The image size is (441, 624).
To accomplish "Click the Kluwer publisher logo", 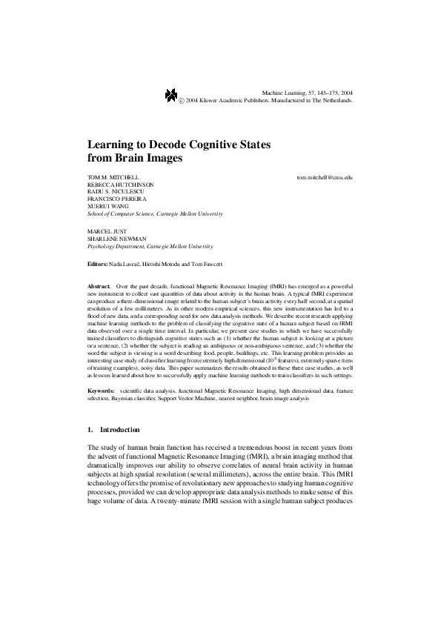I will coord(171,94).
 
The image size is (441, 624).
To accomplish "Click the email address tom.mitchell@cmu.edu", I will coord(325,179).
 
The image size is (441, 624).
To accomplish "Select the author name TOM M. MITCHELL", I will coord(113,179).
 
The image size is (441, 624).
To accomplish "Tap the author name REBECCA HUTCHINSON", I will coord(121,185).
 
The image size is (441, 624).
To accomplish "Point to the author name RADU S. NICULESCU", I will coord(117,193).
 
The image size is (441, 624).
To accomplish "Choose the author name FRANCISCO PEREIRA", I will coord(117,199).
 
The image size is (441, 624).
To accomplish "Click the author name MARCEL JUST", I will coord(107,231).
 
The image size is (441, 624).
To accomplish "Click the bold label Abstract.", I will coord(99,285).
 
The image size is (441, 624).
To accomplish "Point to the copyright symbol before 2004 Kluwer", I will coord(182,99).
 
